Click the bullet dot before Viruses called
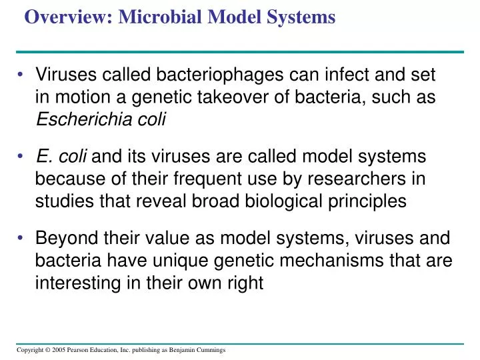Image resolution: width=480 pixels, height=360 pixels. coord(22,75)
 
